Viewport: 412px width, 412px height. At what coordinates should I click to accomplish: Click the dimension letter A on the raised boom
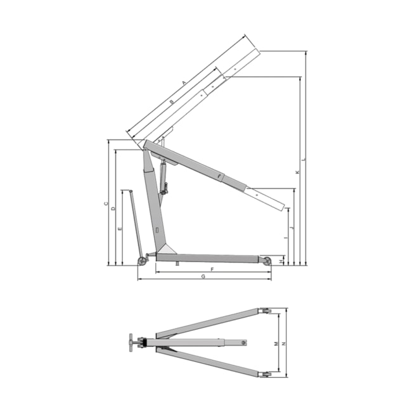(184, 83)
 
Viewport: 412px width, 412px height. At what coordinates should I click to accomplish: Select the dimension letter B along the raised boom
(172, 101)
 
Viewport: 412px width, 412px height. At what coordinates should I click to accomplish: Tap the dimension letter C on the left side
(105, 204)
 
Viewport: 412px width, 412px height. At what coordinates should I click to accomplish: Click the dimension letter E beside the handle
(120, 228)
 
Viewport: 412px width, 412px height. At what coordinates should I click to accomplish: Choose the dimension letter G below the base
(203, 277)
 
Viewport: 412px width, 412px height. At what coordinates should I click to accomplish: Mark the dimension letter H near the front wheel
(281, 259)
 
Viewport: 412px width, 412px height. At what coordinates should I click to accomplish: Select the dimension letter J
(292, 226)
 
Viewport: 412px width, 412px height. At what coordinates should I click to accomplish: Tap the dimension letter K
(297, 172)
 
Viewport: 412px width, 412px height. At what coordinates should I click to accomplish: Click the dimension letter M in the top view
(276, 343)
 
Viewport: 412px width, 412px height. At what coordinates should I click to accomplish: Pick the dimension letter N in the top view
(283, 343)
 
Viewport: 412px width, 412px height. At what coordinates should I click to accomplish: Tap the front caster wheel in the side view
(267, 261)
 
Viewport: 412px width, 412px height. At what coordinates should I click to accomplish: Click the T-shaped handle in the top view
(131, 344)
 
